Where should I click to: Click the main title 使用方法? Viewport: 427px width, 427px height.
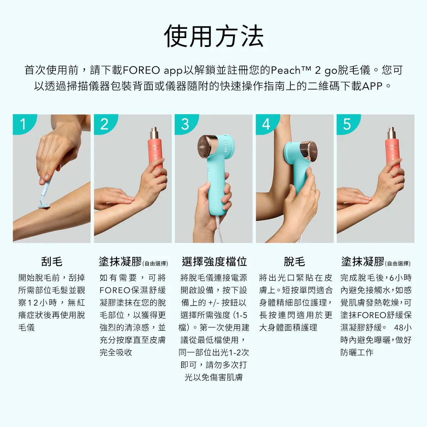(x=213, y=36)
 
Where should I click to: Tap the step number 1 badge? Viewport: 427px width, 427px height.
(x=23, y=124)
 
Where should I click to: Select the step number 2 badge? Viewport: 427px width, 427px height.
(x=104, y=124)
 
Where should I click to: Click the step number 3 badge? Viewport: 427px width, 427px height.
(x=185, y=124)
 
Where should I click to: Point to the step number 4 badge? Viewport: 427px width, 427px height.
(x=266, y=124)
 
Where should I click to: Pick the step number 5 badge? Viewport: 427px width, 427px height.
(x=347, y=124)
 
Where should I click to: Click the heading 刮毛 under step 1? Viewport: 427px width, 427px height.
(x=52, y=262)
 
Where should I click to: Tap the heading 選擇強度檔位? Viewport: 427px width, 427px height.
(x=214, y=262)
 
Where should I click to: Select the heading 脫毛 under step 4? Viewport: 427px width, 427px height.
(x=294, y=262)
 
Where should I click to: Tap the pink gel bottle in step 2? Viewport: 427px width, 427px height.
(x=155, y=153)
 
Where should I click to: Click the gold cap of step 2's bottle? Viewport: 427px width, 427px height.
(x=154, y=134)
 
